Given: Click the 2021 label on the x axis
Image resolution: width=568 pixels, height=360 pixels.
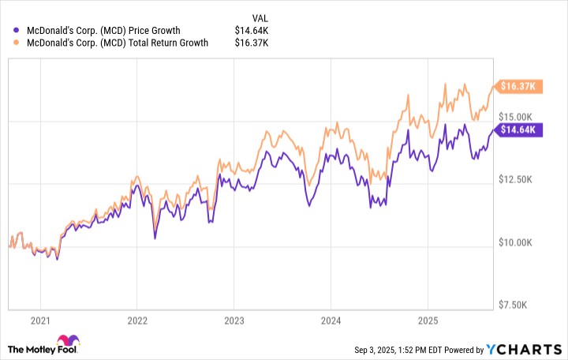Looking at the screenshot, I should (x=40, y=321).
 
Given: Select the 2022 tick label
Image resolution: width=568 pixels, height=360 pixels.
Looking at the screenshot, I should (x=137, y=321).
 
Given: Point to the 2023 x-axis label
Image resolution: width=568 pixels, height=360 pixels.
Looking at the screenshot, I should (x=234, y=321).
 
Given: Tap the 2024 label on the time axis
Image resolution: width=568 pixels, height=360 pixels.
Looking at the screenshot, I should (x=331, y=321).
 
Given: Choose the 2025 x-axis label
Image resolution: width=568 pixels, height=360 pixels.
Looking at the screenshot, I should (x=427, y=321).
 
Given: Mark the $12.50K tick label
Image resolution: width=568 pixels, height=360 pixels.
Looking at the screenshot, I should (x=524, y=181).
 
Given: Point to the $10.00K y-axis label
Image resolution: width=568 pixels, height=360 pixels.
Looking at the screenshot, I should (x=524, y=243).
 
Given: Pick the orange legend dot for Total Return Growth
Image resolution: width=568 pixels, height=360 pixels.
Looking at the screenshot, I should (x=17, y=43).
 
